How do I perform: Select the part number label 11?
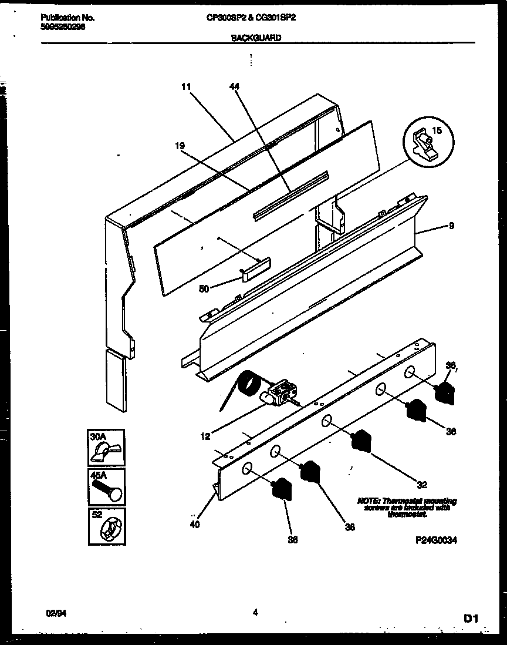(x=186, y=86)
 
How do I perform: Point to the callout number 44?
(x=235, y=86)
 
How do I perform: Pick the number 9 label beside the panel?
(x=451, y=225)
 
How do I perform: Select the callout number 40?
(x=195, y=525)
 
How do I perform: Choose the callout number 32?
(x=421, y=485)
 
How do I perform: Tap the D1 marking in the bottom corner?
(x=471, y=618)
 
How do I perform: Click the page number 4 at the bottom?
(x=255, y=613)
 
